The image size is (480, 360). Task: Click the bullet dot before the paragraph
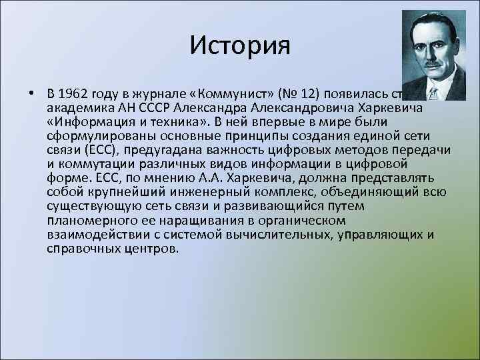click(x=31, y=92)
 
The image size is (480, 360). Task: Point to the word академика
click(x=75, y=107)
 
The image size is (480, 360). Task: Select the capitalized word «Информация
click(x=83, y=121)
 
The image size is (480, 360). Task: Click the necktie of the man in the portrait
click(x=434, y=93)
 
